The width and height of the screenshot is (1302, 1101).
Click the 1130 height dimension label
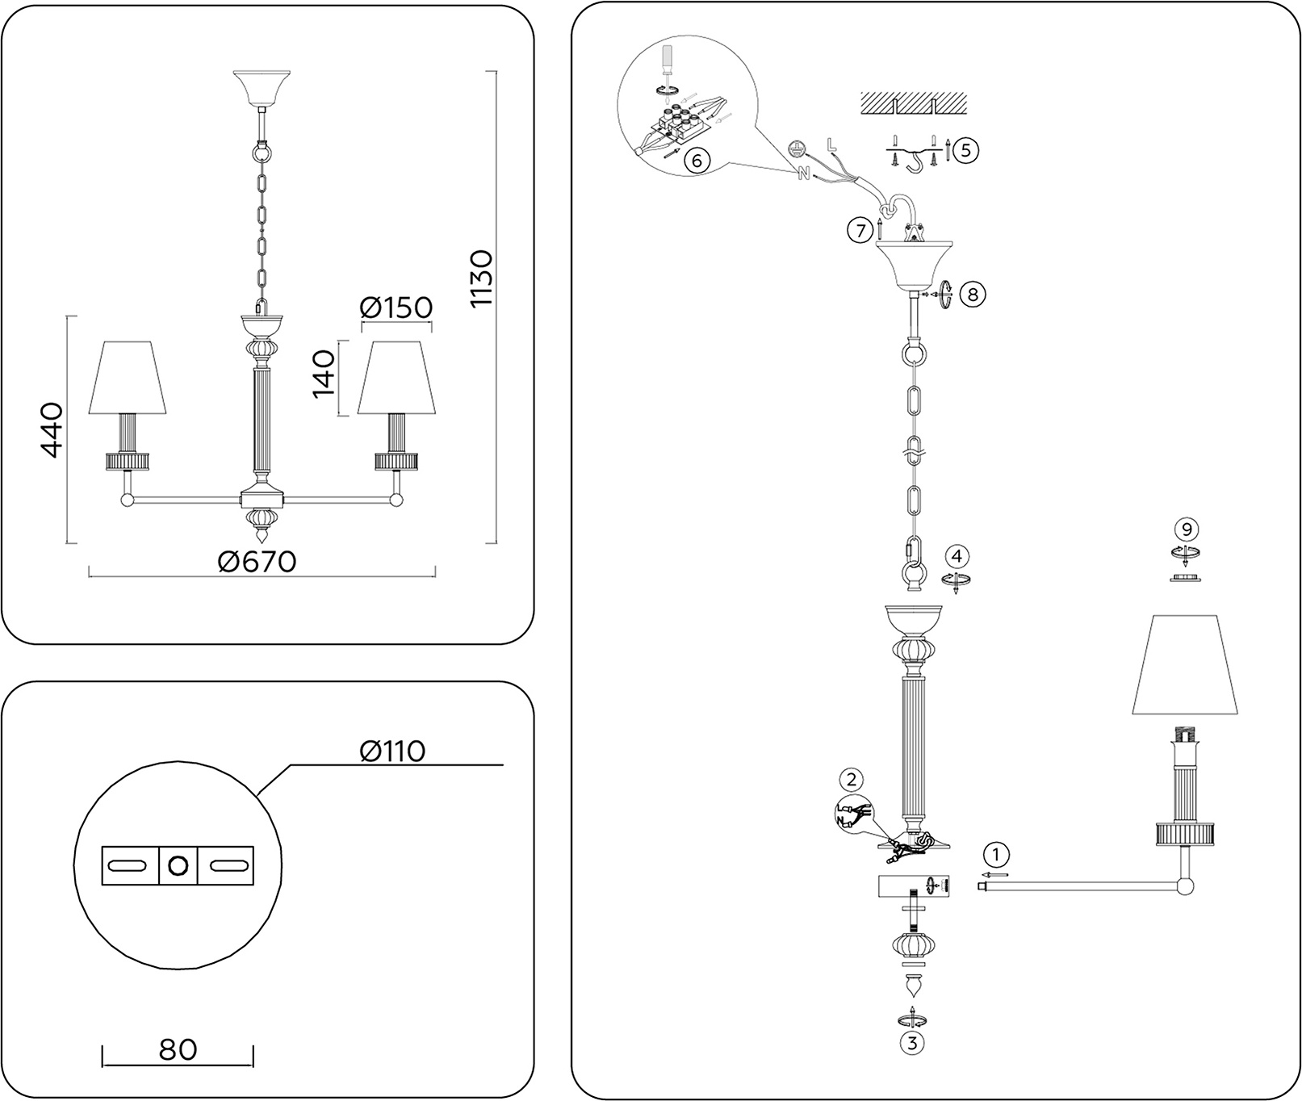coord(481,278)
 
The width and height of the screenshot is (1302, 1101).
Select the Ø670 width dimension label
coord(257,561)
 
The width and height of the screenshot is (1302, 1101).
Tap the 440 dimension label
coord(51,429)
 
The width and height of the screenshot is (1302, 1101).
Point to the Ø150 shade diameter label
coord(396,308)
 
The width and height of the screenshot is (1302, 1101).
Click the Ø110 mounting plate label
coord(391,751)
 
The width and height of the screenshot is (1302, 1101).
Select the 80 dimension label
coord(178,1049)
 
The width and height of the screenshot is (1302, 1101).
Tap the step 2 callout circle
coord(849,780)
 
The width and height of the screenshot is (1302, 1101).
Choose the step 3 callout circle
coord(912,1042)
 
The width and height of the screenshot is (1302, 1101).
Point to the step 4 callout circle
coord(957,556)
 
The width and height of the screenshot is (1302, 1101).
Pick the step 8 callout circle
coord(972,295)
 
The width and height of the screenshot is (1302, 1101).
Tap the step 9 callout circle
coord(1185,530)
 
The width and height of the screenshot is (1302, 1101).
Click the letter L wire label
coord(831,145)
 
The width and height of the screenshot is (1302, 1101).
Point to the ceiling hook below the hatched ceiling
coord(914,161)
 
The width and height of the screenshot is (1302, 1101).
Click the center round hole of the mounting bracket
coord(178,866)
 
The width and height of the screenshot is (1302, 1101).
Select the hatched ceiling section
coord(913,102)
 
